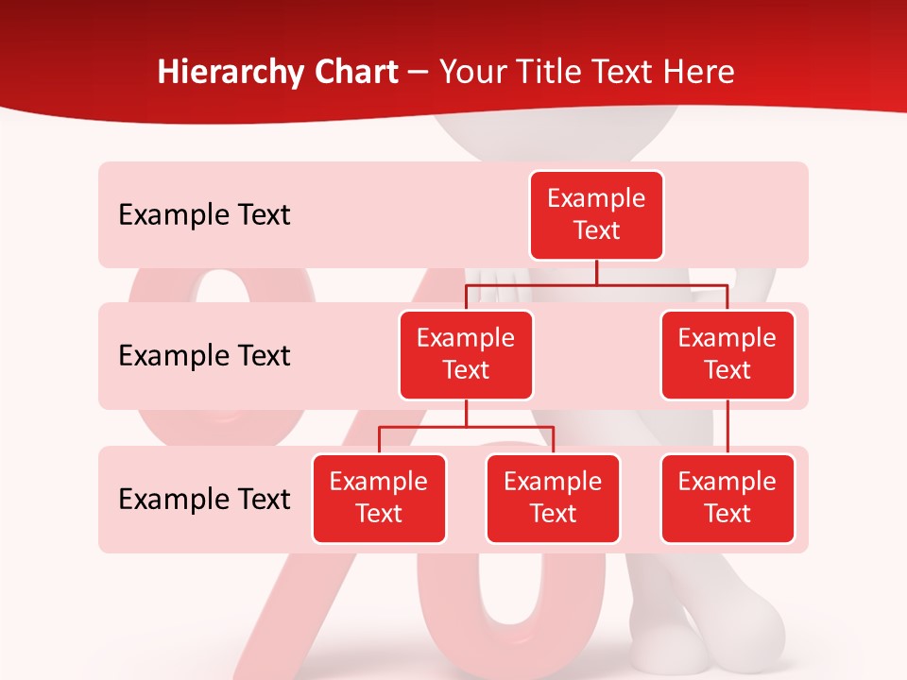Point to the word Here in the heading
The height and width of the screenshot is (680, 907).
tap(697, 72)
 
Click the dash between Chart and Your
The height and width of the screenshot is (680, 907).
tap(419, 73)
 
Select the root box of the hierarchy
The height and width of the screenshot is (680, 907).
tap(596, 215)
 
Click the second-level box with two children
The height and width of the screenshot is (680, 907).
tap(466, 354)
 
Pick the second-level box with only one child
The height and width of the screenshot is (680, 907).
tap(727, 354)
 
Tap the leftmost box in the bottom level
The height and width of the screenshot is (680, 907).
tap(379, 498)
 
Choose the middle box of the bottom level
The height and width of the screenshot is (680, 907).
tap(553, 498)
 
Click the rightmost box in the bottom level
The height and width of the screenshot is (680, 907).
tap(727, 498)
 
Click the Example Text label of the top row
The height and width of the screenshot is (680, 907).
tap(204, 215)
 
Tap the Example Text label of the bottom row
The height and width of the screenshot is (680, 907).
tap(204, 499)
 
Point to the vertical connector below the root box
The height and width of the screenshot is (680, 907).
tap(596, 272)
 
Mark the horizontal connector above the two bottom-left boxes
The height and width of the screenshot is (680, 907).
tap(466, 427)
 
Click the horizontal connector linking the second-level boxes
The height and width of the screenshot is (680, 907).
tap(596, 283)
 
